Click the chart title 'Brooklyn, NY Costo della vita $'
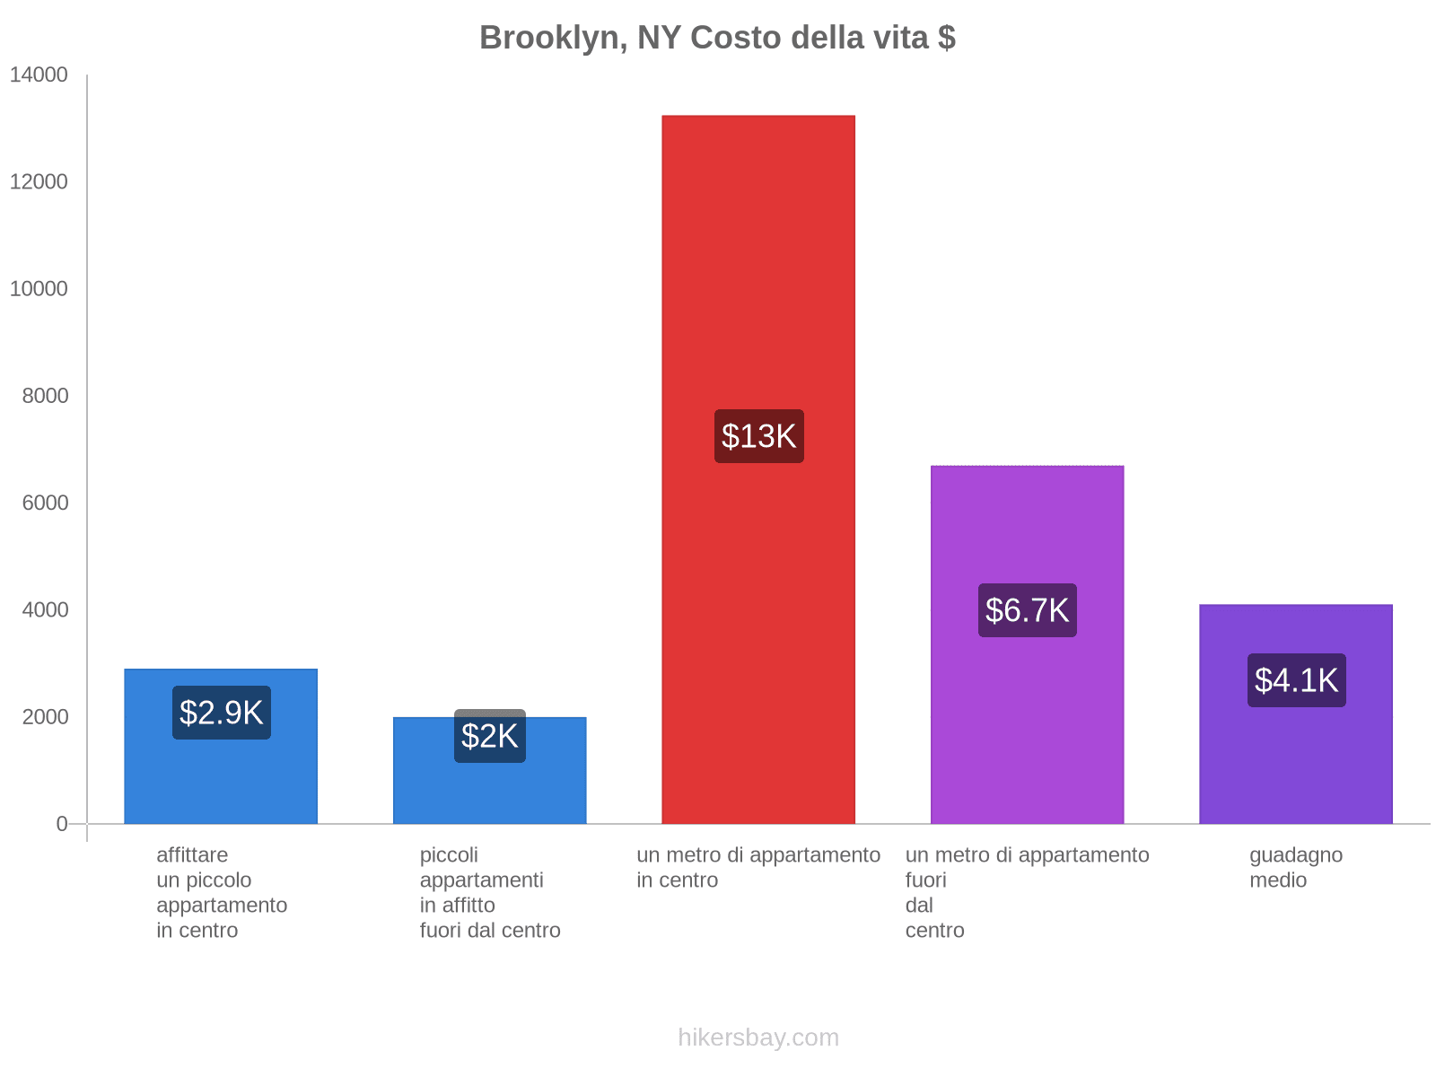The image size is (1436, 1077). [717, 38]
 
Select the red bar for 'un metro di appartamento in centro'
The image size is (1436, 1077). [758, 269]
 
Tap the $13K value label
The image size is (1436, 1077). [758, 436]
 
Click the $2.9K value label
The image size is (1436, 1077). [221, 713]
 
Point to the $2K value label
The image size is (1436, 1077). [489, 736]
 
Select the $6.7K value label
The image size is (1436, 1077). [1027, 610]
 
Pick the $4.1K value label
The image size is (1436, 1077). [1296, 680]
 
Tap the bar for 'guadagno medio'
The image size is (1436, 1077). [1296, 763]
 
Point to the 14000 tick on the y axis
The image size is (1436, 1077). [39, 75]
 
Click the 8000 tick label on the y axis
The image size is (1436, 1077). [45, 396]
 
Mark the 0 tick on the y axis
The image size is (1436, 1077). [62, 824]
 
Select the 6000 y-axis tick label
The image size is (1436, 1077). [45, 503]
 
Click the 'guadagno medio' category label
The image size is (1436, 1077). [1295, 867]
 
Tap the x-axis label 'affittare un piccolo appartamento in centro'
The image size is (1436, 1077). [221, 892]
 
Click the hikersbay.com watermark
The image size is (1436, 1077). [758, 1038]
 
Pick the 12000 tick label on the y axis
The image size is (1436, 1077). [39, 182]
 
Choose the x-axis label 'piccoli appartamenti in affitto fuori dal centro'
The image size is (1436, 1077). [489, 892]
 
